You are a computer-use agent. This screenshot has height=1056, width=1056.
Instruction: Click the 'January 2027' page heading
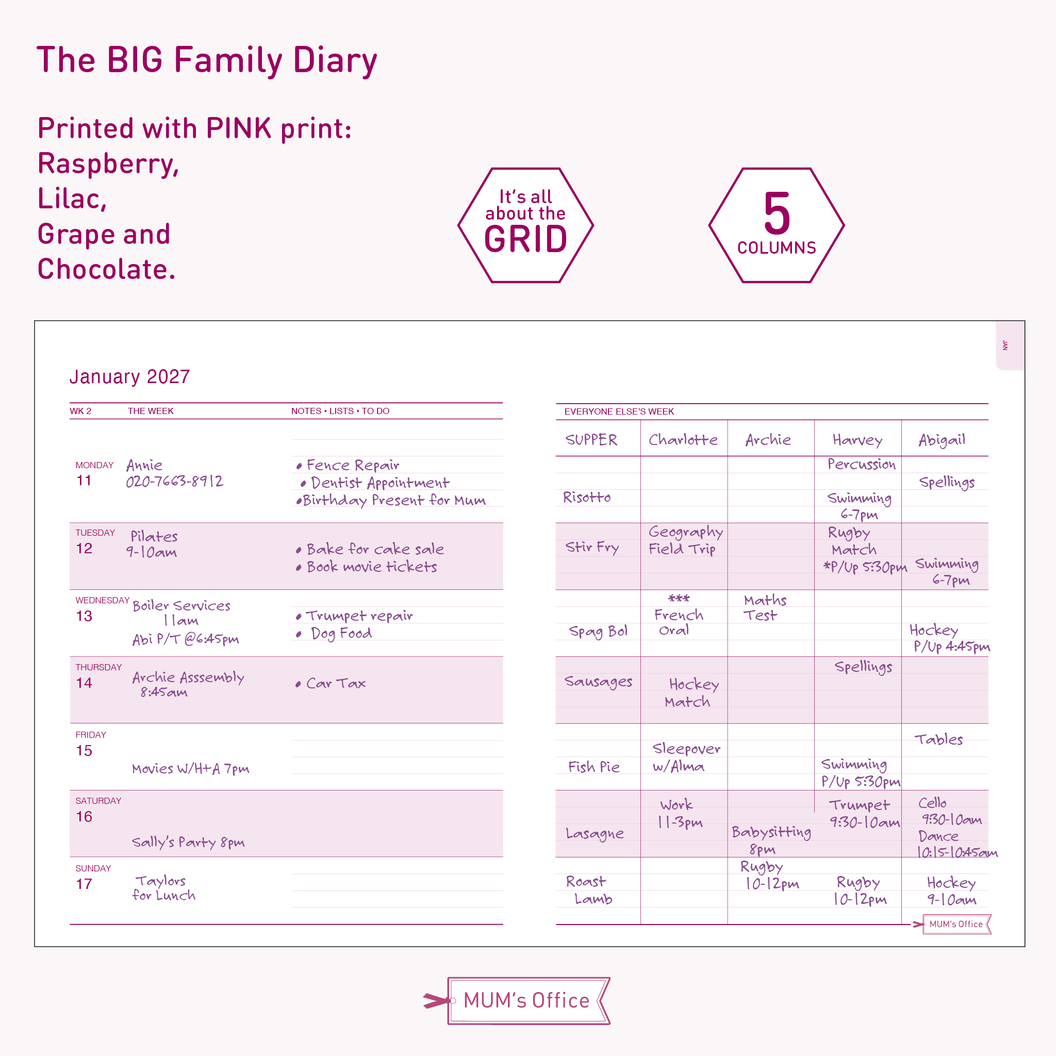point(129,376)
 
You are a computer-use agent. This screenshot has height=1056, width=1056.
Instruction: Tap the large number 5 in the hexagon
point(777,213)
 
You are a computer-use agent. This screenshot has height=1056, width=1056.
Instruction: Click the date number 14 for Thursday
point(84,683)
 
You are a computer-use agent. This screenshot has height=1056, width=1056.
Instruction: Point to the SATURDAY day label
point(98,801)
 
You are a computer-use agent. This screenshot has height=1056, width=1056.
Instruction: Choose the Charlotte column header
point(683,440)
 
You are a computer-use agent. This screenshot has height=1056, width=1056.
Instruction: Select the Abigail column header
point(942,440)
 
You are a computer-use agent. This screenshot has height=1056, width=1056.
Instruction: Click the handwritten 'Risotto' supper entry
point(586,498)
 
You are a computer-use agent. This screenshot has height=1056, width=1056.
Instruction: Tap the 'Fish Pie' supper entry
point(593,767)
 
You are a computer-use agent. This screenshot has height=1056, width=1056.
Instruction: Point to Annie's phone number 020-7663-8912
point(174,482)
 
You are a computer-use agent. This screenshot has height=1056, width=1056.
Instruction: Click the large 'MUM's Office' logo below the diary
point(526,1000)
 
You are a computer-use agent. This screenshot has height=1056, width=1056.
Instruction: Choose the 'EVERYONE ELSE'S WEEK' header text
point(619,411)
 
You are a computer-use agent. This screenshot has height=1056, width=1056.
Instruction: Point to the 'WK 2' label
point(80,411)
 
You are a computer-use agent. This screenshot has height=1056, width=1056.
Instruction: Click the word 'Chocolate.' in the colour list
point(107,269)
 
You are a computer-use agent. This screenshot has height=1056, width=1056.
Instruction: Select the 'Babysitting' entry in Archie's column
point(771,832)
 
